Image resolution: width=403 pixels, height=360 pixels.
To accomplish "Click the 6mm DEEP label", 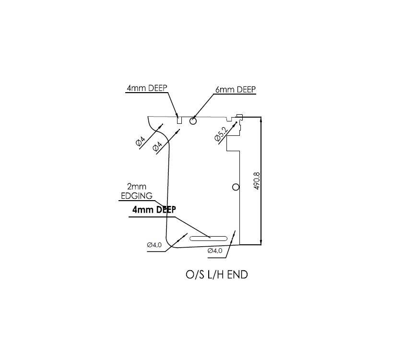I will tap(235, 90).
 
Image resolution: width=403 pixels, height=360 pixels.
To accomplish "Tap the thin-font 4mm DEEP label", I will tap(147, 88).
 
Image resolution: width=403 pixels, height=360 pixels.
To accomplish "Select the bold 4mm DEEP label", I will tap(154, 210).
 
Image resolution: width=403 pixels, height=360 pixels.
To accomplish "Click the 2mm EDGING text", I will tap(136, 191).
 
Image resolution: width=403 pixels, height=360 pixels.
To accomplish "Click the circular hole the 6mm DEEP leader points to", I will tap(193, 121).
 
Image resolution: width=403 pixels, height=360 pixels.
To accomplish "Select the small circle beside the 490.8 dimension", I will tap(235, 187).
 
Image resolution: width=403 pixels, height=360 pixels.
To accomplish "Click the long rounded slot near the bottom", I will tap(209, 238).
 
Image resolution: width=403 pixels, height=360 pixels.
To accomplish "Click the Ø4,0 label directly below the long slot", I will tap(214, 251).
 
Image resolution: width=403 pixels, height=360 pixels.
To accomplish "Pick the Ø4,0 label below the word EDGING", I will tap(154, 245).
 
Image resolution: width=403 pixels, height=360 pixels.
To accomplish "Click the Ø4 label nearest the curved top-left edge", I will tap(141, 141).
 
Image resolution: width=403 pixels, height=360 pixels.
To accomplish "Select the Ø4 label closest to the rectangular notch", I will tap(157, 146).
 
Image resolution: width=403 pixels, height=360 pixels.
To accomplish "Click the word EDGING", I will tap(136, 196).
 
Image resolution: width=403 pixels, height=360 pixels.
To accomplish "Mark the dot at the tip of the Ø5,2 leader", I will tap(237, 121).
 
